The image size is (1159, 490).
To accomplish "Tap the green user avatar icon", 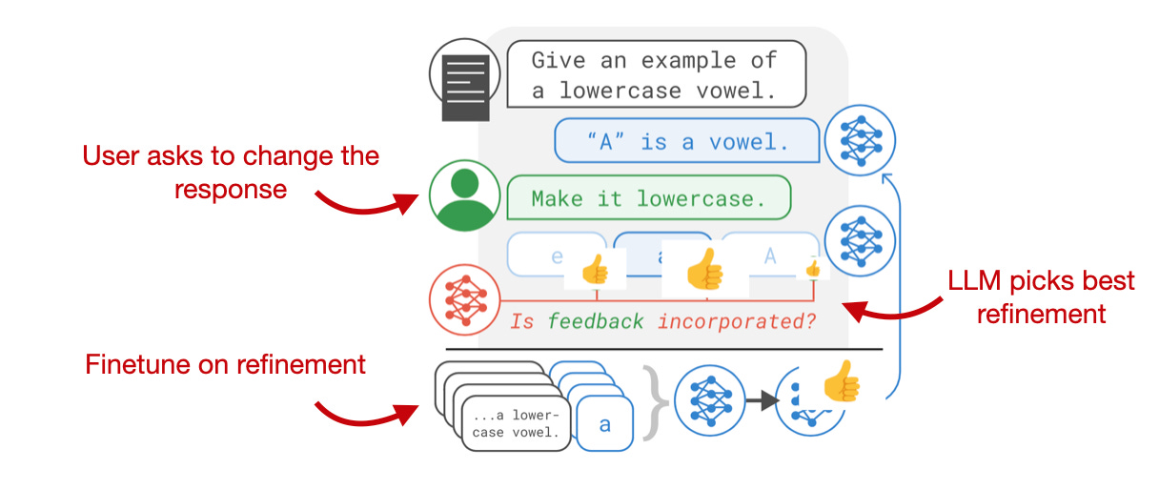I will coord(465,196).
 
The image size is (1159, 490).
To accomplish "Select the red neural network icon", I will coord(465,299).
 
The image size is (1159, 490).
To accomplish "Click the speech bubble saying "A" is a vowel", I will coord(687,142).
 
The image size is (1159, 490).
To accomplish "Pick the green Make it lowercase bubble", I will coord(648,198).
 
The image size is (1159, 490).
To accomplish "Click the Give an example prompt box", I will coord(656,74).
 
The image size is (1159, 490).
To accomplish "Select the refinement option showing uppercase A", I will coord(768,255).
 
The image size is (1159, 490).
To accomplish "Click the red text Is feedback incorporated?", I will coord(663,321).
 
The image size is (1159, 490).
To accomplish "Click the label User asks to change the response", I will coord(231,172).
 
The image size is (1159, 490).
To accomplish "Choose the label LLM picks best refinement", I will coord(1041,296).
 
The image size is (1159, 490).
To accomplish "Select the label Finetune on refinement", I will coord(226,363).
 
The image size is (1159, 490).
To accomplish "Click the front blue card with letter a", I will coord(604,423).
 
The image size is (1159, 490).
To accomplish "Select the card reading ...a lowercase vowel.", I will coord(516,423).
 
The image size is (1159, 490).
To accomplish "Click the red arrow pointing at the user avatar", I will coord(367,201).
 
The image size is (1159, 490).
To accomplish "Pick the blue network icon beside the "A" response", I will coord(860,139).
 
